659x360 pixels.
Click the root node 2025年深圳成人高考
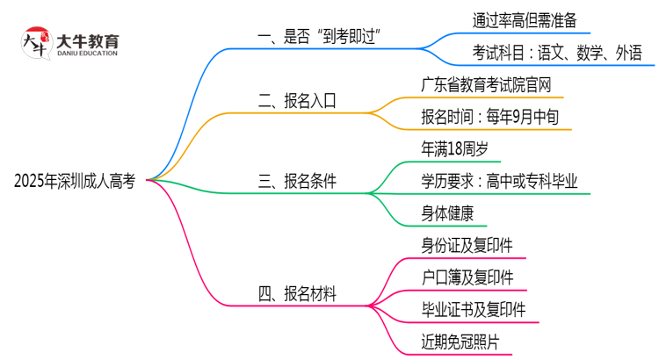tap(75, 182)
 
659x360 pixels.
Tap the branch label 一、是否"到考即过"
tap(324, 38)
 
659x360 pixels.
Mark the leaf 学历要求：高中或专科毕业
tap(499, 182)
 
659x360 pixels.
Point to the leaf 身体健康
tap(448, 212)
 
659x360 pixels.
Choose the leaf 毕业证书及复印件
tap(473, 309)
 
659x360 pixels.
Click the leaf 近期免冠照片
tap(460, 341)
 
